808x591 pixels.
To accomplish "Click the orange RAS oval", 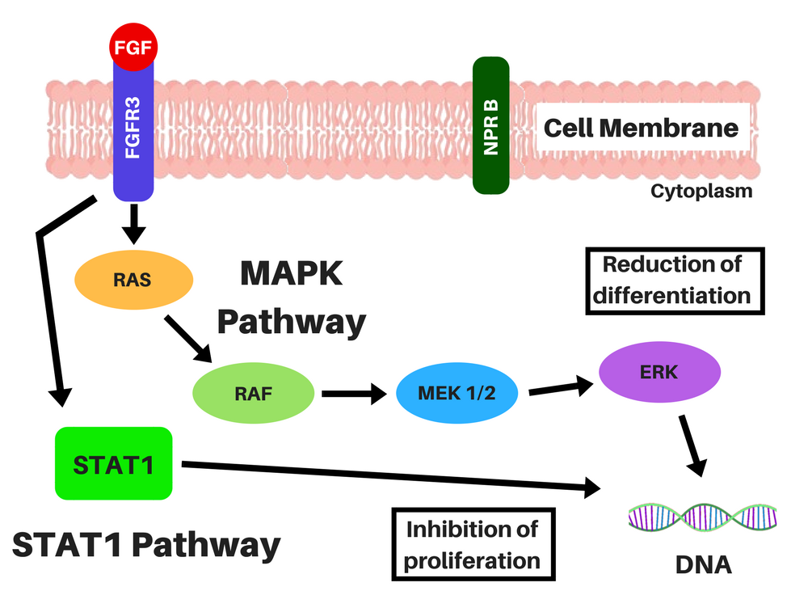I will pyautogui.click(x=133, y=280).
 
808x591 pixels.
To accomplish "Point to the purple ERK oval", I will pyautogui.click(x=658, y=373).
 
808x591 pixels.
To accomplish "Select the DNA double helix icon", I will pyautogui.click(x=703, y=516).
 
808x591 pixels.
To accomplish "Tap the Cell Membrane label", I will pyautogui.click(x=640, y=128).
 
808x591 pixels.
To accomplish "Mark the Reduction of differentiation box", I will pyautogui.click(x=672, y=279).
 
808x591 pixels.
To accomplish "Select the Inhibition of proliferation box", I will pyautogui.click(x=473, y=544).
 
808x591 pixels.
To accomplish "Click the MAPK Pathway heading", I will pyautogui.click(x=292, y=298).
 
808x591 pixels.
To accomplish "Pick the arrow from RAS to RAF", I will pyautogui.click(x=188, y=338).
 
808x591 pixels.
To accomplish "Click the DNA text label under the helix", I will pyautogui.click(x=703, y=564).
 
